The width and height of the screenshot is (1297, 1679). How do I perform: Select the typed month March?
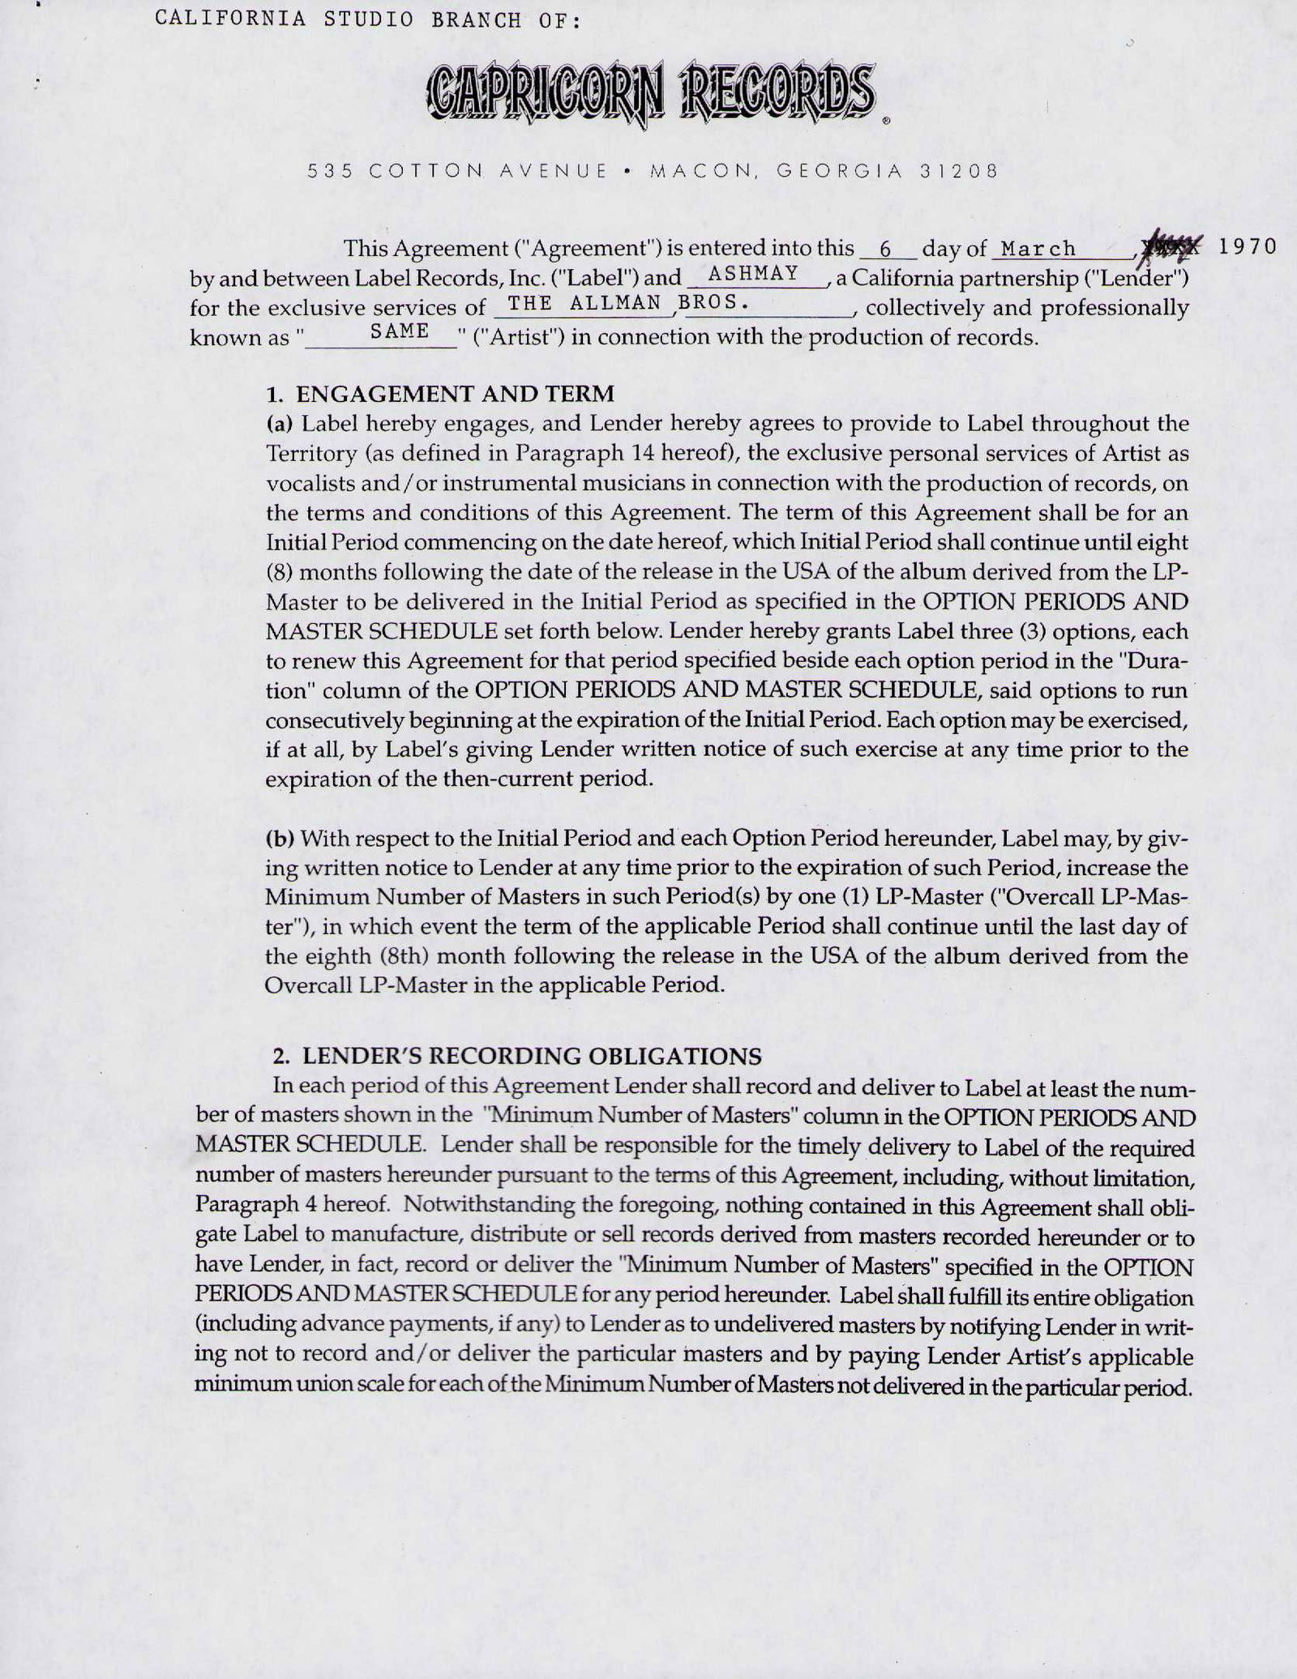pos(1038,249)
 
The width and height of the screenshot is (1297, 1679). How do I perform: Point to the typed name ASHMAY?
pos(753,274)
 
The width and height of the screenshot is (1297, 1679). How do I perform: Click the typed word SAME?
pos(400,331)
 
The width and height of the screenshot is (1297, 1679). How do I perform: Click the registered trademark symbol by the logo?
pos(886,122)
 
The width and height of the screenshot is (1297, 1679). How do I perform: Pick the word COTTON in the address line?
pos(422,171)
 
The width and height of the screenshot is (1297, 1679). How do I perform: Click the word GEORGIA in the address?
pos(839,171)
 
